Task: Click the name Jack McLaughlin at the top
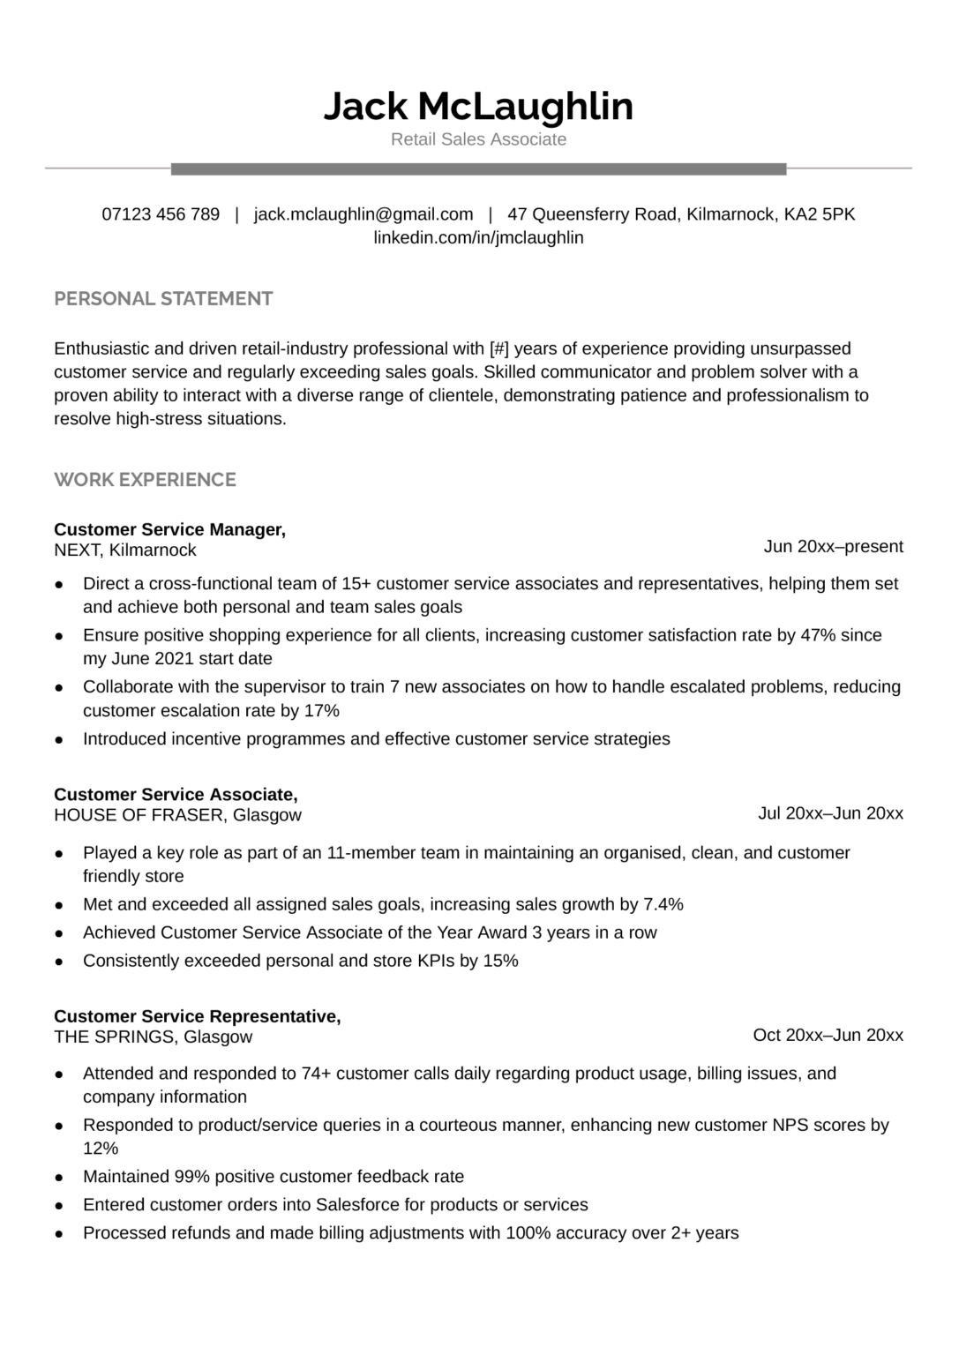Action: click(x=478, y=106)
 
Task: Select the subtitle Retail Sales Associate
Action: click(x=478, y=139)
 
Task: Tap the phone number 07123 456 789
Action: click(x=161, y=214)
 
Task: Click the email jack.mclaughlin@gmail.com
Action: click(x=363, y=214)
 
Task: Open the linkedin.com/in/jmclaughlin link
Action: click(x=478, y=237)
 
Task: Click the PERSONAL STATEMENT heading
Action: click(x=163, y=299)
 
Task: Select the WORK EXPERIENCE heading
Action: click(x=145, y=480)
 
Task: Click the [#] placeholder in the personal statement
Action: click(x=498, y=348)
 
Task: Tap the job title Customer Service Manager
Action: click(x=169, y=529)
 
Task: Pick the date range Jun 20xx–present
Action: click(x=833, y=547)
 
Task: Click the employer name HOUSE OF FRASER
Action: click(x=139, y=815)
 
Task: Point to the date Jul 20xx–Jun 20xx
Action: click(x=830, y=813)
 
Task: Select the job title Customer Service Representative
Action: click(x=197, y=1016)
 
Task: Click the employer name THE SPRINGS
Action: click(x=114, y=1037)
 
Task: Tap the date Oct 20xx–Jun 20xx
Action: click(x=828, y=1035)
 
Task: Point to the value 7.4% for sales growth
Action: click(x=663, y=904)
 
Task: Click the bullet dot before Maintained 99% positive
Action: click(x=59, y=1178)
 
